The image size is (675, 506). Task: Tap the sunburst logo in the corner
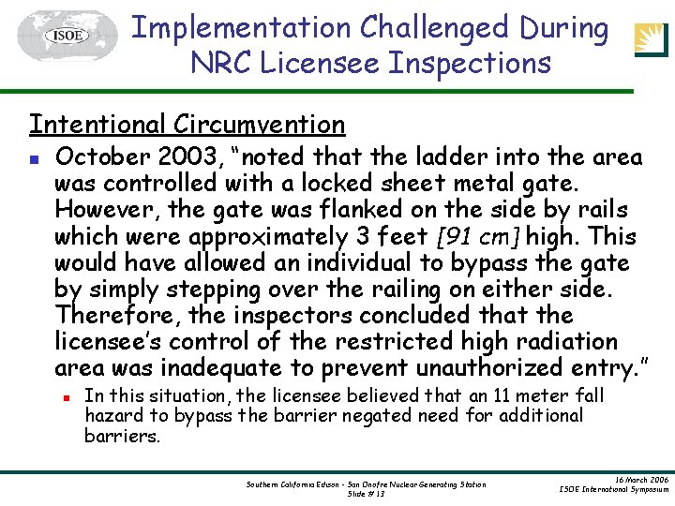[x=652, y=38]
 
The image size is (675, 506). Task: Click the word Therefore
[x=106, y=314]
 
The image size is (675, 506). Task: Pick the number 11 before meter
[x=502, y=396]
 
